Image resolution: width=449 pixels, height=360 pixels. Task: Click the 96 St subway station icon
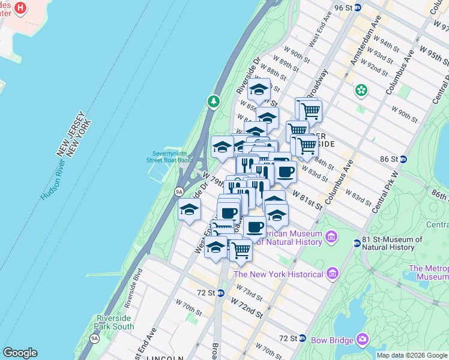pyautogui.click(x=357, y=7)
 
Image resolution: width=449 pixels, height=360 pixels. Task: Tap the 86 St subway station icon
pyautogui.click(x=403, y=159)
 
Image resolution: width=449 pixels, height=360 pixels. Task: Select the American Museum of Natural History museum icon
pyautogui.click(x=331, y=238)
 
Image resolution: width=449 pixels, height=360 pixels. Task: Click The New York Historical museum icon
pyautogui.click(x=331, y=274)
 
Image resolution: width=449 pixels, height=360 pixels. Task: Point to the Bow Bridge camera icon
pyautogui.click(x=362, y=340)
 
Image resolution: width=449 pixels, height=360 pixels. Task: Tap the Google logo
pyautogui.click(x=20, y=353)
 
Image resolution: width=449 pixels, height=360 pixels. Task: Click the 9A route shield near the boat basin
pyautogui.click(x=179, y=191)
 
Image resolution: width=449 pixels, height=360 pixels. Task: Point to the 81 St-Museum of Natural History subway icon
pyautogui.click(x=357, y=243)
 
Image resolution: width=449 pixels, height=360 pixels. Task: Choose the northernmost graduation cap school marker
pyautogui.click(x=259, y=89)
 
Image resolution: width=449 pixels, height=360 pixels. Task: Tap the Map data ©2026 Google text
pyautogui.click(x=412, y=355)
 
